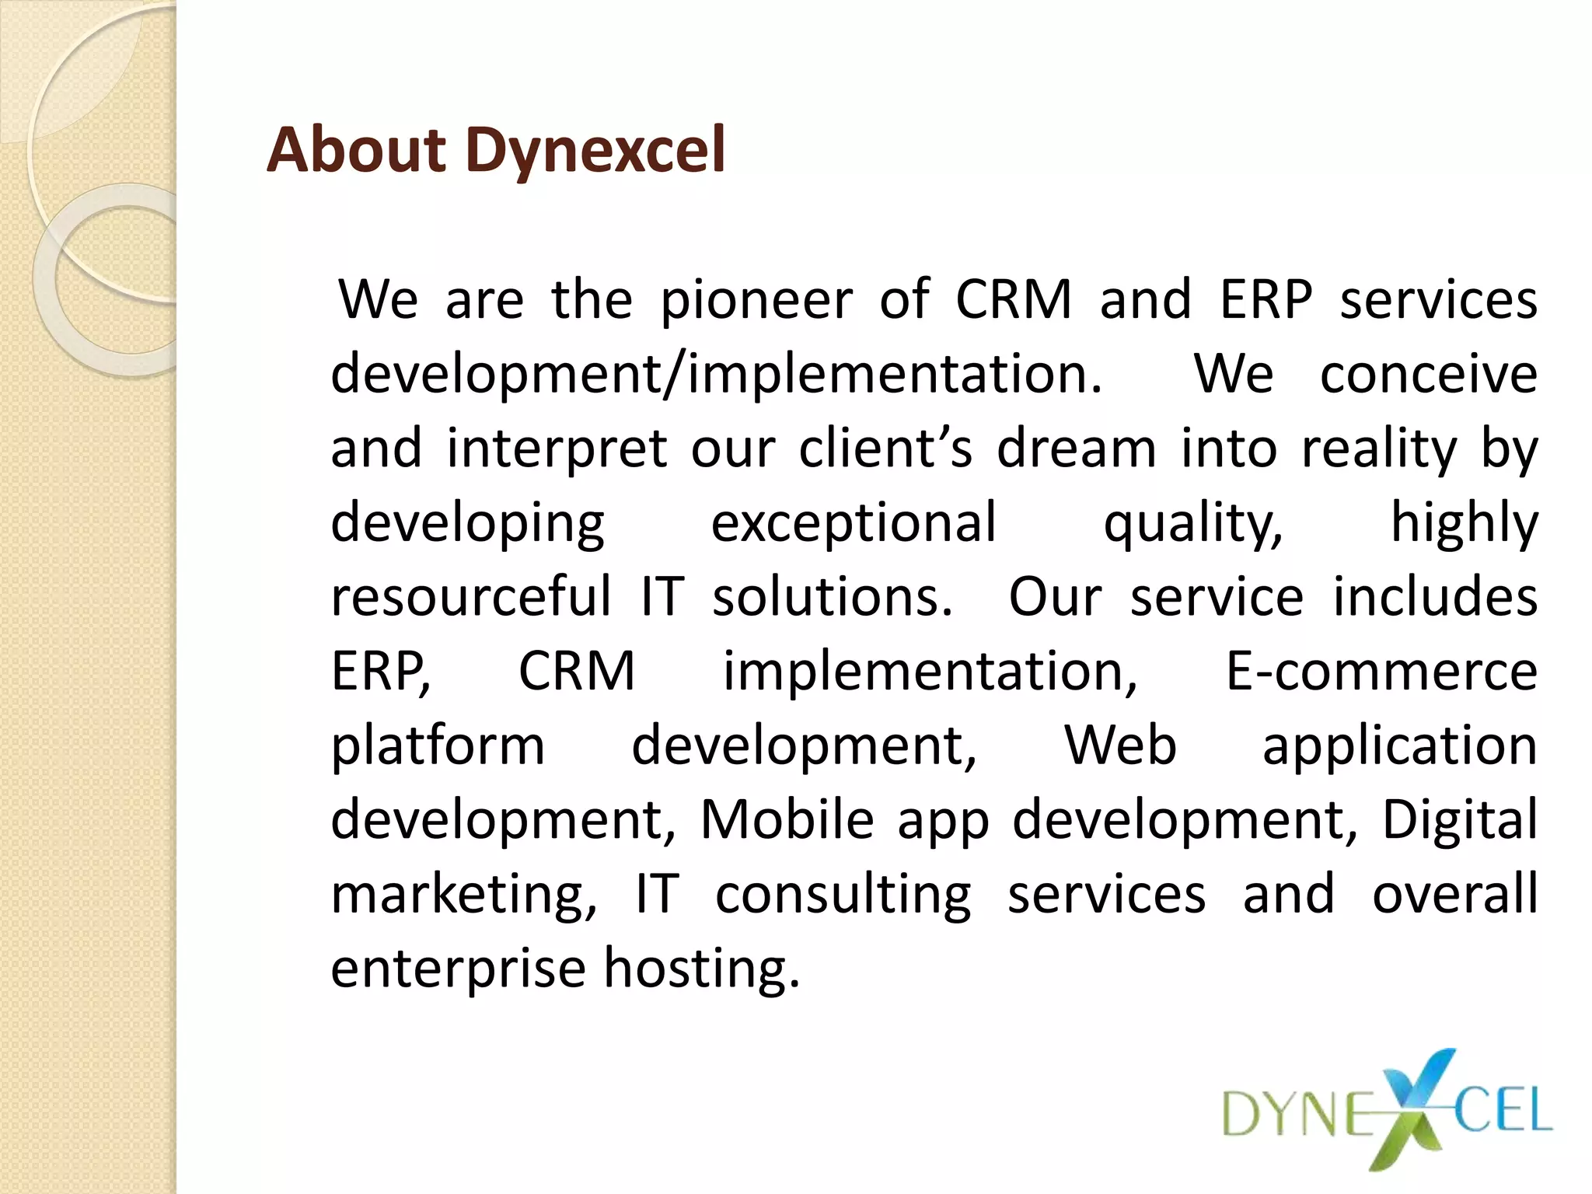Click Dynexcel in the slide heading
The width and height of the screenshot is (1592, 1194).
595,151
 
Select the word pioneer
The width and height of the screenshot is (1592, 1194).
756,300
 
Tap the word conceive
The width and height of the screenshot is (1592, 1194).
1428,374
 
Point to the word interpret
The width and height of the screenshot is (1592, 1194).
557,449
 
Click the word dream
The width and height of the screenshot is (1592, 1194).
1077,449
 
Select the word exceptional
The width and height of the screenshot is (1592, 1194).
854,523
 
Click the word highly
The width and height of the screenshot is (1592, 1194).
1464,523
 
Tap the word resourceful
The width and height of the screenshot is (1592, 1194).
471,597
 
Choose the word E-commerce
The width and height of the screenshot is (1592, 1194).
1381,671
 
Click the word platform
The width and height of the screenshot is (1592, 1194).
438,746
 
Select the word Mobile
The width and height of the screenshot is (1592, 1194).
787,819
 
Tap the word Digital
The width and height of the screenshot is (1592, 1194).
1459,821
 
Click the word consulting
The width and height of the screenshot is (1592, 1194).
843,895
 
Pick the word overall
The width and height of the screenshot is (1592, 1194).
1454,894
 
